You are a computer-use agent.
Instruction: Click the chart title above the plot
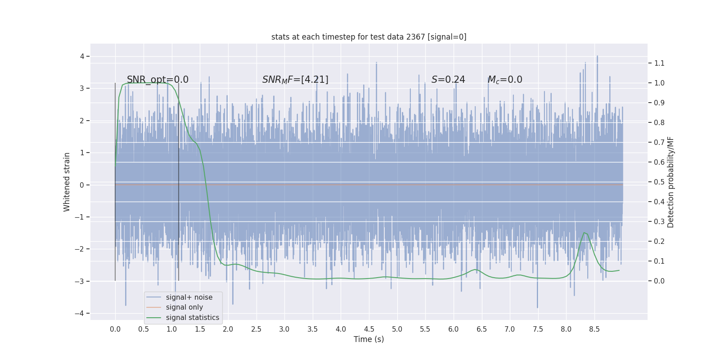click(x=369, y=37)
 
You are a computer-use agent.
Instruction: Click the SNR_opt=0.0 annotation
click(x=157, y=80)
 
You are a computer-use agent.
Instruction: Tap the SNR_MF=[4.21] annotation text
click(x=295, y=80)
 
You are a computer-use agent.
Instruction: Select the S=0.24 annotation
click(x=448, y=80)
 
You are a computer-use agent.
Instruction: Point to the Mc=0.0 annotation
click(x=505, y=80)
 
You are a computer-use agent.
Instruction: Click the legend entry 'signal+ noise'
click(x=189, y=297)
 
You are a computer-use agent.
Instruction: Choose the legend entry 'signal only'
click(x=184, y=307)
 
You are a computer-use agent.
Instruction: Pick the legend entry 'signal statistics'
click(x=192, y=318)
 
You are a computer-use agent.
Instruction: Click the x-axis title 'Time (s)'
click(x=369, y=339)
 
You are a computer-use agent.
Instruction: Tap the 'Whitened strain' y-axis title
click(x=67, y=182)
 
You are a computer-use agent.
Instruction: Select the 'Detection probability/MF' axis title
click(x=670, y=182)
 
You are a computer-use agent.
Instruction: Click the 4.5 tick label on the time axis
click(x=369, y=329)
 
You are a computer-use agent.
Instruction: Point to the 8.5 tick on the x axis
click(x=594, y=329)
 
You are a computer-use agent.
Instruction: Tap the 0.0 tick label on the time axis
click(x=115, y=329)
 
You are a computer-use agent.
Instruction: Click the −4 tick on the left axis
click(x=81, y=313)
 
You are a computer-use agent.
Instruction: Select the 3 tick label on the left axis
click(x=82, y=88)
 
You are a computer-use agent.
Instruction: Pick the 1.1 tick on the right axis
click(x=659, y=63)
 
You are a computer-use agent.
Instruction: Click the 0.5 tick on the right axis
click(x=659, y=182)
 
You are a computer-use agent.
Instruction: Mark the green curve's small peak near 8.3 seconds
click(x=585, y=233)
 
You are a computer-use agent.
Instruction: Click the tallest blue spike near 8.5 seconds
click(x=597, y=56)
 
